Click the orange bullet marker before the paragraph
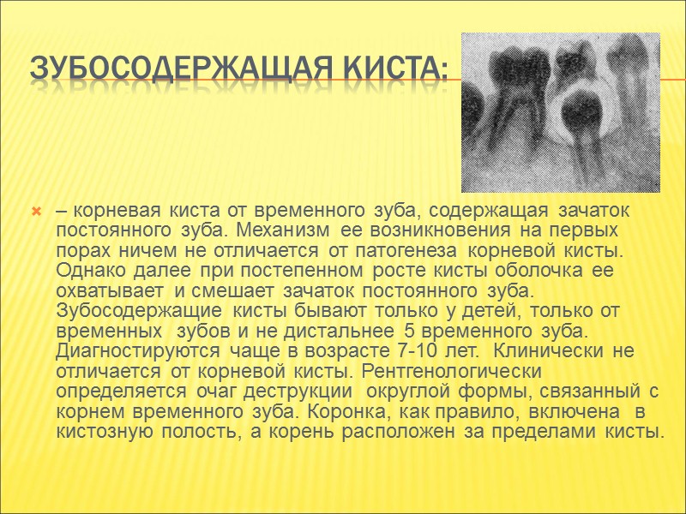coord(36,211)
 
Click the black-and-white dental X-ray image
coord(560,111)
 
